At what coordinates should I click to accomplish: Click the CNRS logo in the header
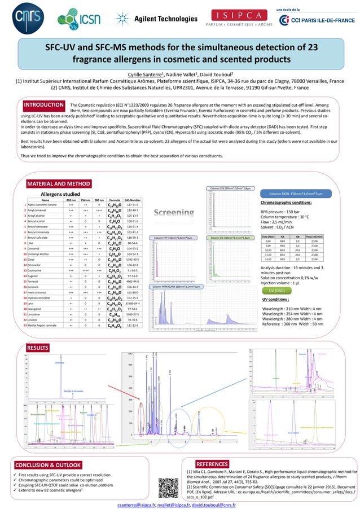tap(23, 17)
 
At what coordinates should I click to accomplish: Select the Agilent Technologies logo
tap(153, 19)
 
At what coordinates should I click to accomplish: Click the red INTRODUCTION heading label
tap(43, 104)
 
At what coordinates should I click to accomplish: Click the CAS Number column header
tap(133, 200)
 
